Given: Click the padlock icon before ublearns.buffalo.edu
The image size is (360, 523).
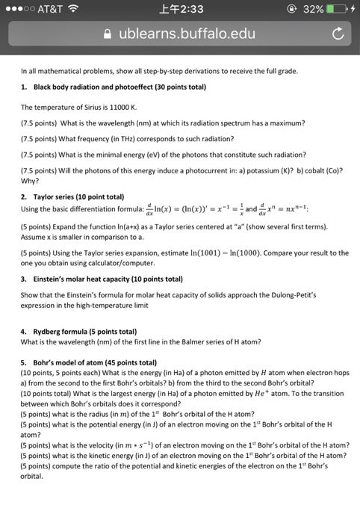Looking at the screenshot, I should [108, 34].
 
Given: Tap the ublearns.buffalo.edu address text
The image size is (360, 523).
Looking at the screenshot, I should [187, 34].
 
